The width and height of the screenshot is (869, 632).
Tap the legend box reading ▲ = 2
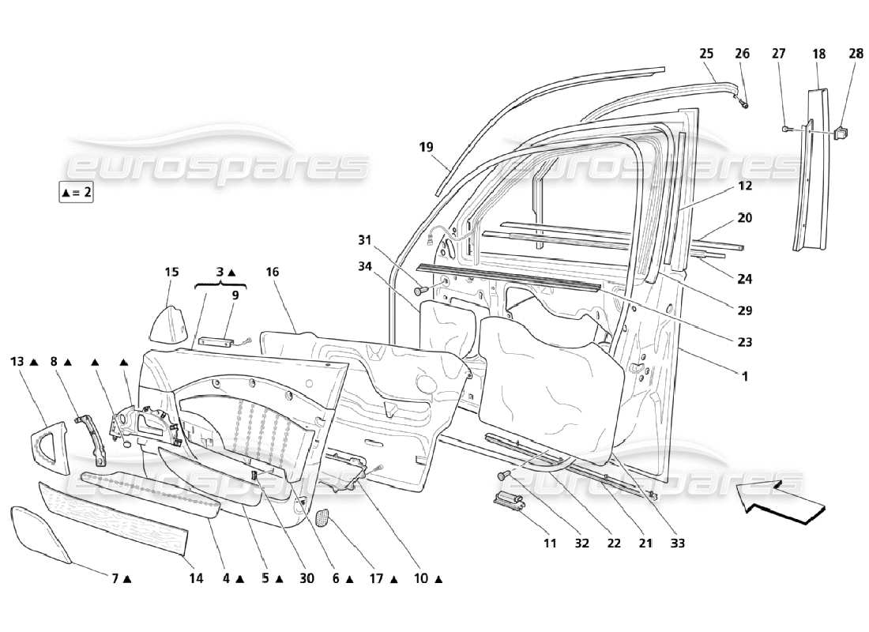76,192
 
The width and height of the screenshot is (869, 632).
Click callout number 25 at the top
706,54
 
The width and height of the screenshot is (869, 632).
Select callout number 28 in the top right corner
856,54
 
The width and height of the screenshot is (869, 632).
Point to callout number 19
427,147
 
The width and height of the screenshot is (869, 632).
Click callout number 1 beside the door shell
743,377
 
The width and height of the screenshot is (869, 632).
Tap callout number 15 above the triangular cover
171,273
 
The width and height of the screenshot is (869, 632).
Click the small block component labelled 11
509,501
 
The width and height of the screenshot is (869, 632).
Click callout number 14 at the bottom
196,578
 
